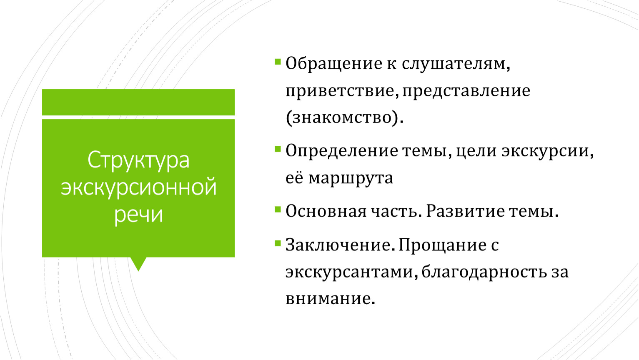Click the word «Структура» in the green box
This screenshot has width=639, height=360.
(x=138, y=160)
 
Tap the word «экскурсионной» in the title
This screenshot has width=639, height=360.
(x=139, y=188)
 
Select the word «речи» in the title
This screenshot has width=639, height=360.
(x=138, y=215)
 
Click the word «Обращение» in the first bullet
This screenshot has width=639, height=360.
(x=334, y=63)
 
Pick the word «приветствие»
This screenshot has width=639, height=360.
(x=342, y=91)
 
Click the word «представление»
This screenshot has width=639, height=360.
(x=466, y=91)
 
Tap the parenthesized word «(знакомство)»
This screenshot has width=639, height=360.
(x=345, y=117)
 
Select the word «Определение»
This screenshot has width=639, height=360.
(x=342, y=151)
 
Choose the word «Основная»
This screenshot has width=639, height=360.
(x=326, y=211)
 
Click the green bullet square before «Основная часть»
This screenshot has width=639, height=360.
(x=278, y=210)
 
